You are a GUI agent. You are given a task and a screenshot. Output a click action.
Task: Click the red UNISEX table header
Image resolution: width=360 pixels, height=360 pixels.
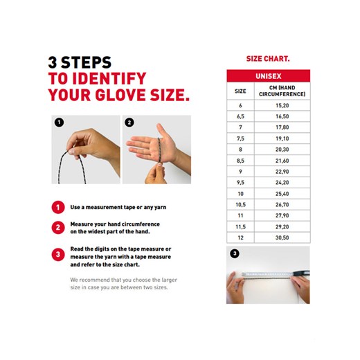click(x=269, y=76)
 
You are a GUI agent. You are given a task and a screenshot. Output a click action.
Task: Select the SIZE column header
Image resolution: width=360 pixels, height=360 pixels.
click(x=240, y=91)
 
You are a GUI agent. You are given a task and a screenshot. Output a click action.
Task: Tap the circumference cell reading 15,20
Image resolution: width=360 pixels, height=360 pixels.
click(x=282, y=105)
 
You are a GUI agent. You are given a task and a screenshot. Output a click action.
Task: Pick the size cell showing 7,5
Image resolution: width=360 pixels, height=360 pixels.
click(x=240, y=138)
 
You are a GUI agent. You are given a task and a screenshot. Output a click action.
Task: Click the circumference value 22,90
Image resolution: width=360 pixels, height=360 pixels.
click(x=282, y=172)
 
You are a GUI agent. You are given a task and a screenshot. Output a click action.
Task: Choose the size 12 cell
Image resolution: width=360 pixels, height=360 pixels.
click(x=240, y=237)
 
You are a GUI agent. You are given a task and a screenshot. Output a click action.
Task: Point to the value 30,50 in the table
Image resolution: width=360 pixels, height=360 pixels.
click(x=282, y=237)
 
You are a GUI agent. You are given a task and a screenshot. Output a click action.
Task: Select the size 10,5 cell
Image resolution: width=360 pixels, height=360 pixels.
click(x=240, y=205)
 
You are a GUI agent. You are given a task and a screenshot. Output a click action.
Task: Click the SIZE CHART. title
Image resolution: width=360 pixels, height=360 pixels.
click(x=268, y=59)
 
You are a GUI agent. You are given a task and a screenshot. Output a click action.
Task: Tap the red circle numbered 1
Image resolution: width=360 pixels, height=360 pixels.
click(x=58, y=207)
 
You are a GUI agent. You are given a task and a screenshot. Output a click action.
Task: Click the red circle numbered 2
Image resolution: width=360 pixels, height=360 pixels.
click(x=58, y=228)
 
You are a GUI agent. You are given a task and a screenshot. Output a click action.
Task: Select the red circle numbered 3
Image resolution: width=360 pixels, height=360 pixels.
click(x=58, y=254)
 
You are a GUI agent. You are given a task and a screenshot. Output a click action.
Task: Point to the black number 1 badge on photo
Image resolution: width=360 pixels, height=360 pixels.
click(x=59, y=123)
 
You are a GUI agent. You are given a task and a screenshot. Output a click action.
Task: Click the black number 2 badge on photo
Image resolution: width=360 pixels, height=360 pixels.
click(x=129, y=123)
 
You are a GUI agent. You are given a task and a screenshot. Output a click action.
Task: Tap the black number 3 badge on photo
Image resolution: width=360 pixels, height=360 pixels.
click(x=235, y=253)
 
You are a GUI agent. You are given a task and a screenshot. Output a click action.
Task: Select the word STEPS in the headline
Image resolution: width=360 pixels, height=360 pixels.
click(x=86, y=62)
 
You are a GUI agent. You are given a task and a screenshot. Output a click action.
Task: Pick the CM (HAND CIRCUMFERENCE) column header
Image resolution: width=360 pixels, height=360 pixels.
click(x=282, y=91)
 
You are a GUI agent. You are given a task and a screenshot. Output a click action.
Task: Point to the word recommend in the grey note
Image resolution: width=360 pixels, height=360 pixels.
click(x=94, y=280)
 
